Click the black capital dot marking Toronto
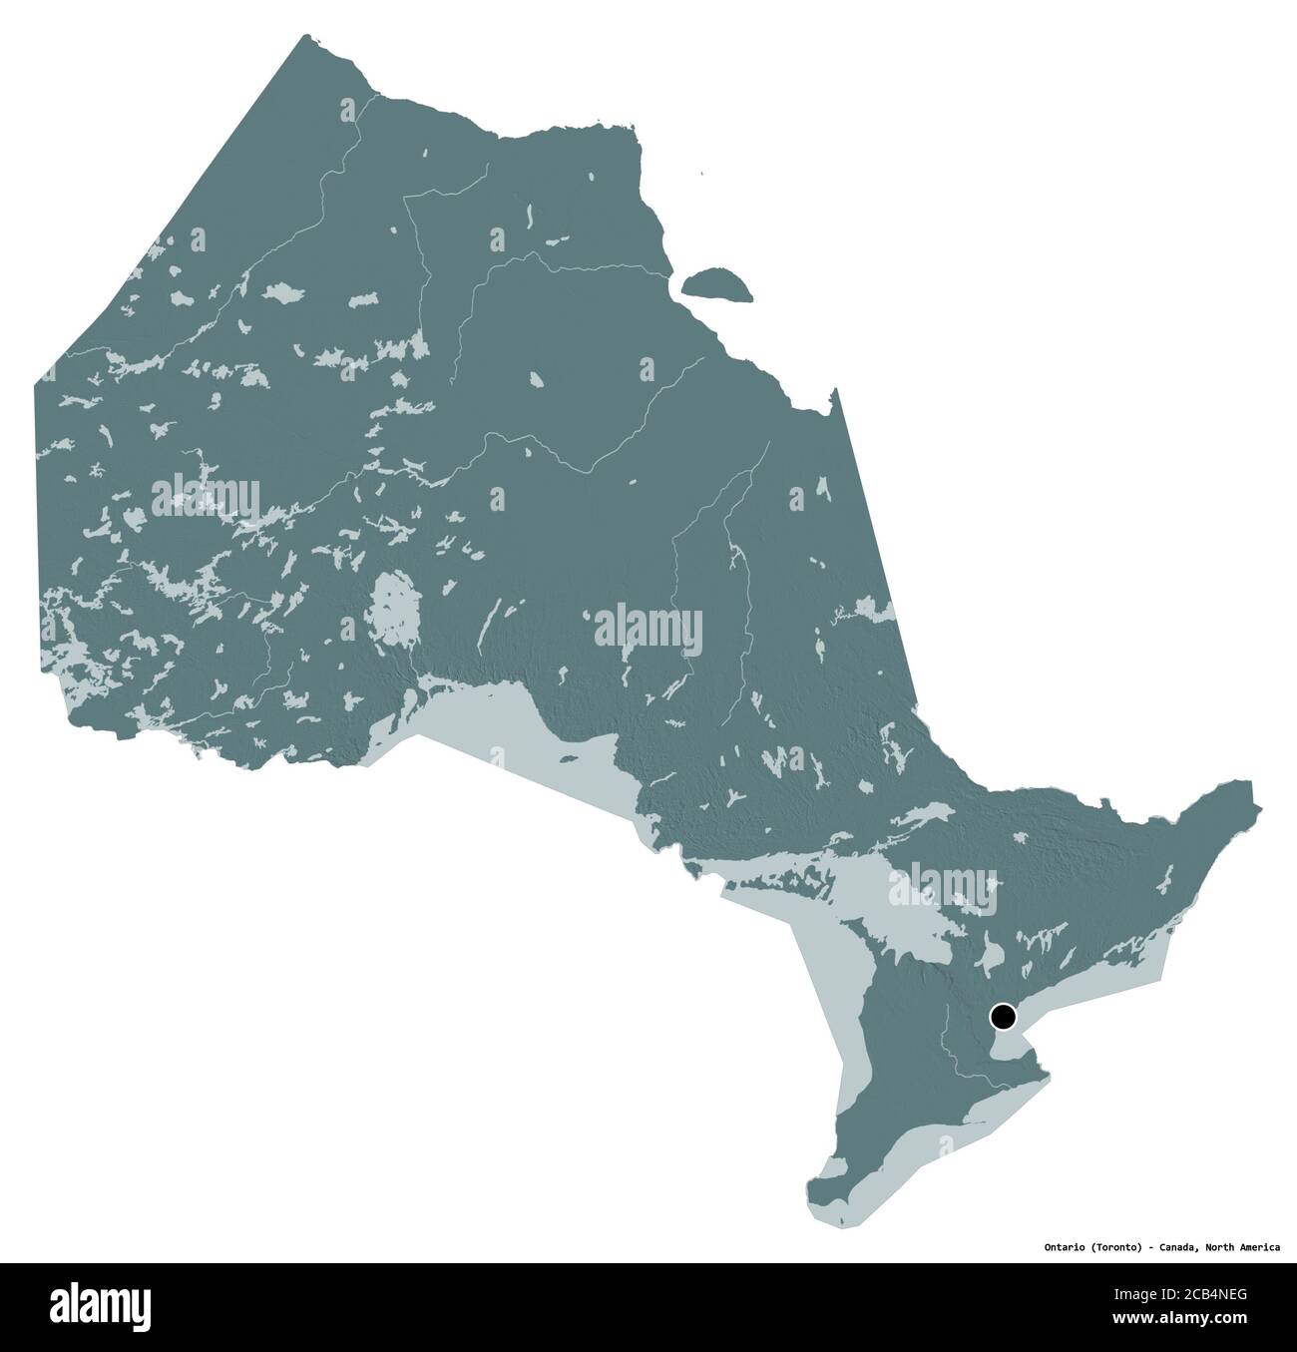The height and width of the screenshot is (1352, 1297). (1003, 1018)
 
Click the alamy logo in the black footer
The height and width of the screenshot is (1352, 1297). (100, 1303)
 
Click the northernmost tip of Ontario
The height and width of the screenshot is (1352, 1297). (301, 38)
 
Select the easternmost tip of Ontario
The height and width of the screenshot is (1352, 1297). (1259, 806)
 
